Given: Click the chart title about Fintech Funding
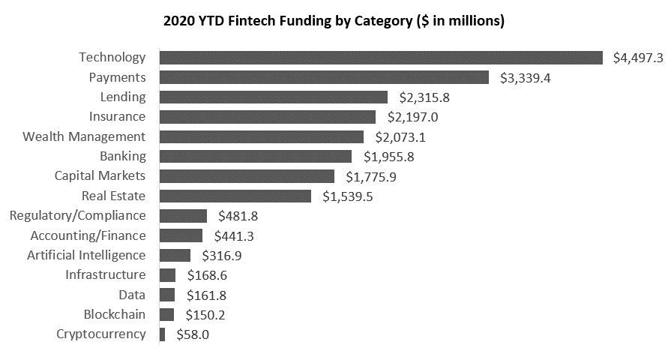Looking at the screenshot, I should (x=334, y=21).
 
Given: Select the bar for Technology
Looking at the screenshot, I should (x=381, y=58).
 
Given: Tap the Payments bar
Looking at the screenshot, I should (x=324, y=77).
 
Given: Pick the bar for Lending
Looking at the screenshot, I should (x=274, y=97).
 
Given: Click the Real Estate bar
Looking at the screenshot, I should (x=235, y=196).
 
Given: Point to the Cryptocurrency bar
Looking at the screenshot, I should (x=163, y=334).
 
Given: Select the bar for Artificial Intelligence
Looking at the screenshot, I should (x=175, y=255).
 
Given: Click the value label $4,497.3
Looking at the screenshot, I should (x=638, y=58).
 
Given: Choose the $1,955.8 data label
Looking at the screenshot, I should (x=388, y=157).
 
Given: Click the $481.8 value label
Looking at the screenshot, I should (x=238, y=216).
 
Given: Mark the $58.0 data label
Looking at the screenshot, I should (x=193, y=334).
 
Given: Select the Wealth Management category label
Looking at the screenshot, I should (x=84, y=136).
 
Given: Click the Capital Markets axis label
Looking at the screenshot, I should (x=100, y=175).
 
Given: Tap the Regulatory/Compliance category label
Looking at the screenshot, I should (x=77, y=215).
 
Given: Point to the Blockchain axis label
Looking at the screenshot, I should (x=115, y=314).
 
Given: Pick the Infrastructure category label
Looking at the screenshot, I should (x=105, y=274).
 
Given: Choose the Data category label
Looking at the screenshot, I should (x=132, y=295).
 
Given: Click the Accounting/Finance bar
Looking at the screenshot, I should (x=181, y=235).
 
